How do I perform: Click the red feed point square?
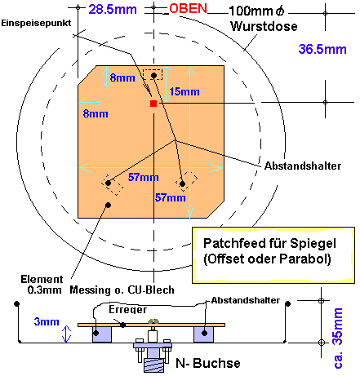(153, 104)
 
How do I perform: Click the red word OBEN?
(188, 9)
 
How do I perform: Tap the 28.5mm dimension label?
(113, 10)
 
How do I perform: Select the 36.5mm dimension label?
(322, 50)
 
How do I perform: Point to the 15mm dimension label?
(184, 91)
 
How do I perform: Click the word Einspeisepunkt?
(36, 23)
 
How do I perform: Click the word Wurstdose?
(264, 27)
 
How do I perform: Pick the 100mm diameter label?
(256, 11)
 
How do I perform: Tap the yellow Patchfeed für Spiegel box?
(273, 255)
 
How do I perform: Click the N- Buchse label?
(208, 363)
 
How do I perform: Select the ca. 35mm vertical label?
(338, 338)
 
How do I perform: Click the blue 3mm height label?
(47, 321)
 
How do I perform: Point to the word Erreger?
(128, 309)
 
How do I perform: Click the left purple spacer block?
(102, 334)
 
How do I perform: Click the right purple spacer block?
(203, 334)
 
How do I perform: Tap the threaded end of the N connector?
(153, 365)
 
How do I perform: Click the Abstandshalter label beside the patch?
(303, 166)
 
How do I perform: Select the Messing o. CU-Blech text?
(122, 290)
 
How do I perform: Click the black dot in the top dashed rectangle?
(153, 75)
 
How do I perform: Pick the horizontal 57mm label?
(144, 177)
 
